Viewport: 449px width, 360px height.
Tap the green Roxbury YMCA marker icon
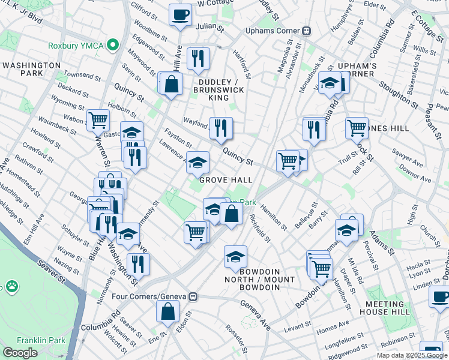[x=112, y=45]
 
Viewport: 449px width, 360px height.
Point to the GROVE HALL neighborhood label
[x=225, y=180]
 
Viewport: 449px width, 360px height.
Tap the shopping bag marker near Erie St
[x=167, y=310]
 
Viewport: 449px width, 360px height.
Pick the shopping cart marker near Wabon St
[x=97, y=119]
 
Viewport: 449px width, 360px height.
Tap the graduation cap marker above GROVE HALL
[x=197, y=161]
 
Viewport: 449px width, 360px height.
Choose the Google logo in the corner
[x=20, y=352]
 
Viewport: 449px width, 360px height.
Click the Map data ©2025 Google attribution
[x=412, y=355]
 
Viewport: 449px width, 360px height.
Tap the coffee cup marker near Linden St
[x=439, y=296]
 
